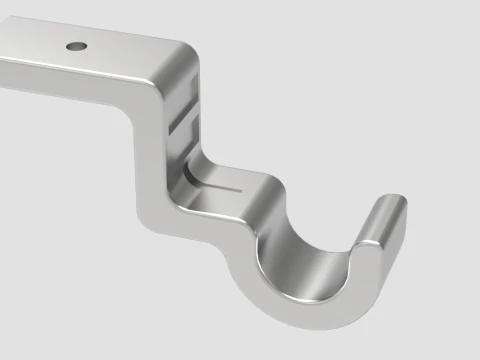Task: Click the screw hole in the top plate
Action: (x=77, y=45)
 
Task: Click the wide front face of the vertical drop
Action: (x=150, y=130)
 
